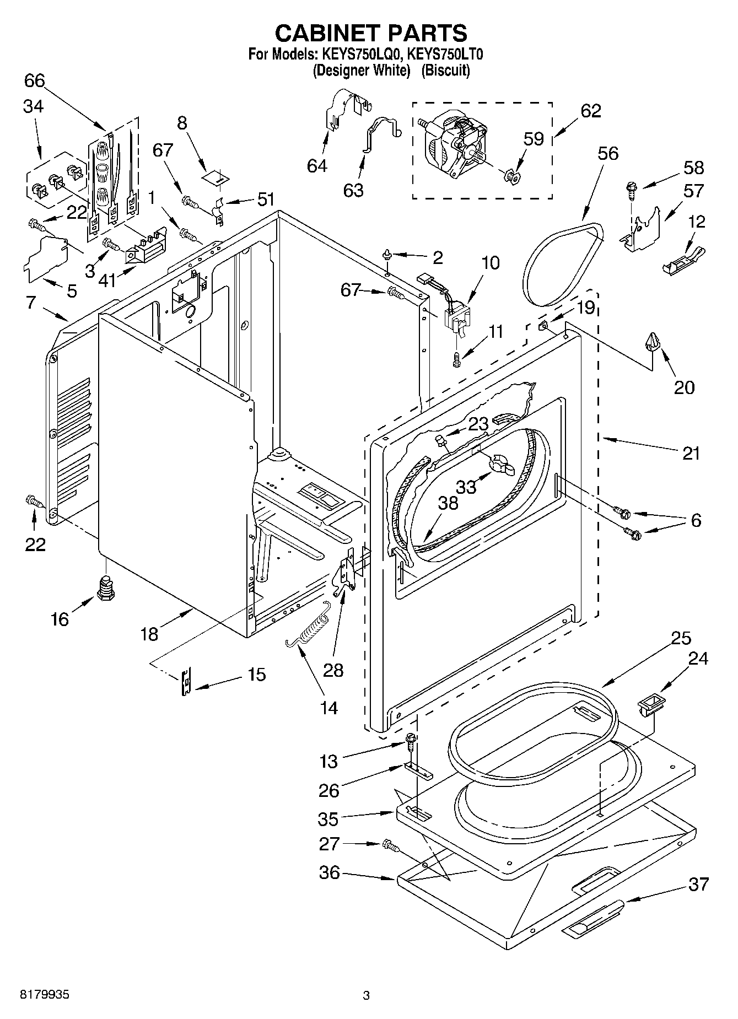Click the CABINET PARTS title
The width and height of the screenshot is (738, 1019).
coord(371,33)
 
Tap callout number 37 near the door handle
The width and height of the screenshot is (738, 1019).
coord(698,885)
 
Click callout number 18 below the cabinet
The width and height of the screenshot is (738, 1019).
coord(149,633)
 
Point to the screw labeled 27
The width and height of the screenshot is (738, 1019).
coord(391,844)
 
